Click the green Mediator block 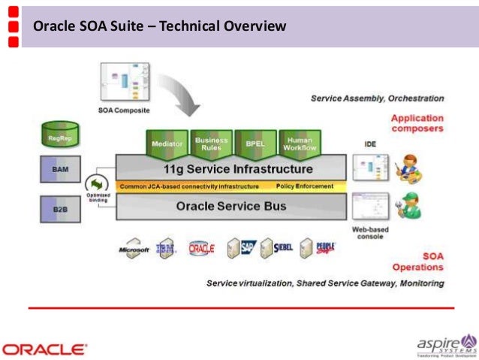pyautogui.click(x=167, y=143)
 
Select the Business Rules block pyautogui.click(x=212, y=142)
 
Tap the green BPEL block pyautogui.click(x=255, y=143)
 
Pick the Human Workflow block pyautogui.click(x=300, y=142)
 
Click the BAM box pyautogui.click(x=60, y=171)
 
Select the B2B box pyautogui.click(x=60, y=208)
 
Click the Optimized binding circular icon pyautogui.click(x=98, y=184)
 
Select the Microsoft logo pyautogui.click(x=134, y=250)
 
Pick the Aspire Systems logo pyautogui.click(x=446, y=345)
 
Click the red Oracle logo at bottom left pyautogui.click(x=45, y=349)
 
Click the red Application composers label pyautogui.click(x=417, y=123)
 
